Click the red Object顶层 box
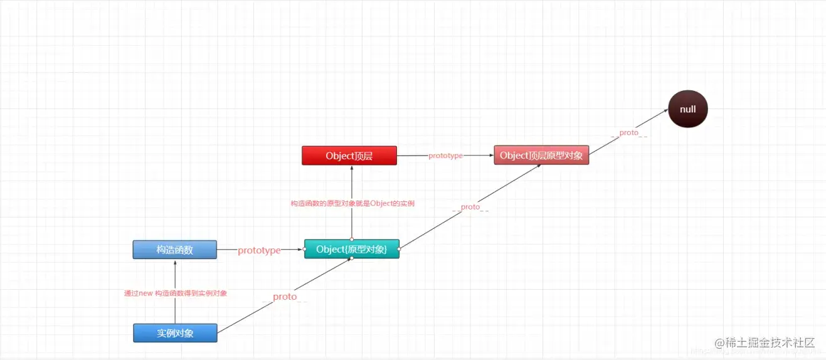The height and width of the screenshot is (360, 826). pyautogui.click(x=349, y=156)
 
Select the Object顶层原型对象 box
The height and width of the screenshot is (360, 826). pyautogui.click(x=541, y=156)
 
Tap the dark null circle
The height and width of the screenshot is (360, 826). pyautogui.click(x=687, y=109)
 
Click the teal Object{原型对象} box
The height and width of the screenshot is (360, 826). pyautogui.click(x=351, y=249)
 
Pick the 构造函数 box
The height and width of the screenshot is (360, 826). pyautogui.click(x=174, y=250)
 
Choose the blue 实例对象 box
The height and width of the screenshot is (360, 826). pyautogui.click(x=175, y=333)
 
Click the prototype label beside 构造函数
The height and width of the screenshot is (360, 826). pyautogui.click(x=259, y=250)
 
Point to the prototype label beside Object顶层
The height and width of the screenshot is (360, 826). pyautogui.click(x=445, y=156)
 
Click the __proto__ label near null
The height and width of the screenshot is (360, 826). pyautogui.click(x=628, y=133)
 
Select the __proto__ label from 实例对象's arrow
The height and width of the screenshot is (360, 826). pyautogui.click(x=285, y=297)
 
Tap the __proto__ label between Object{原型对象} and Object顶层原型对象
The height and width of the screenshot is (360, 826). pyautogui.click(x=470, y=207)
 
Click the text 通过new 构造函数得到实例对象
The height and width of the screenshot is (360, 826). pyautogui.click(x=175, y=293)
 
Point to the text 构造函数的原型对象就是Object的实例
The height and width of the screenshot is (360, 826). pyautogui.click(x=352, y=203)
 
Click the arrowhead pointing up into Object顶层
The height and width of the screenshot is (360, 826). pyautogui.click(x=352, y=168)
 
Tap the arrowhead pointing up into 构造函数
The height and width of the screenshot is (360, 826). pyautogui.click(x=175, y=262)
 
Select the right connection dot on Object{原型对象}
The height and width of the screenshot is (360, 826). pyautogui.click(x=400, y=249)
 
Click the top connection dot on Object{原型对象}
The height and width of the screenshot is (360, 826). pyautogui.click(x=352, y=239)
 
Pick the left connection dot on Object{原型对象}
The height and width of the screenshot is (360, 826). pyautogui.click(x=304, y=249)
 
